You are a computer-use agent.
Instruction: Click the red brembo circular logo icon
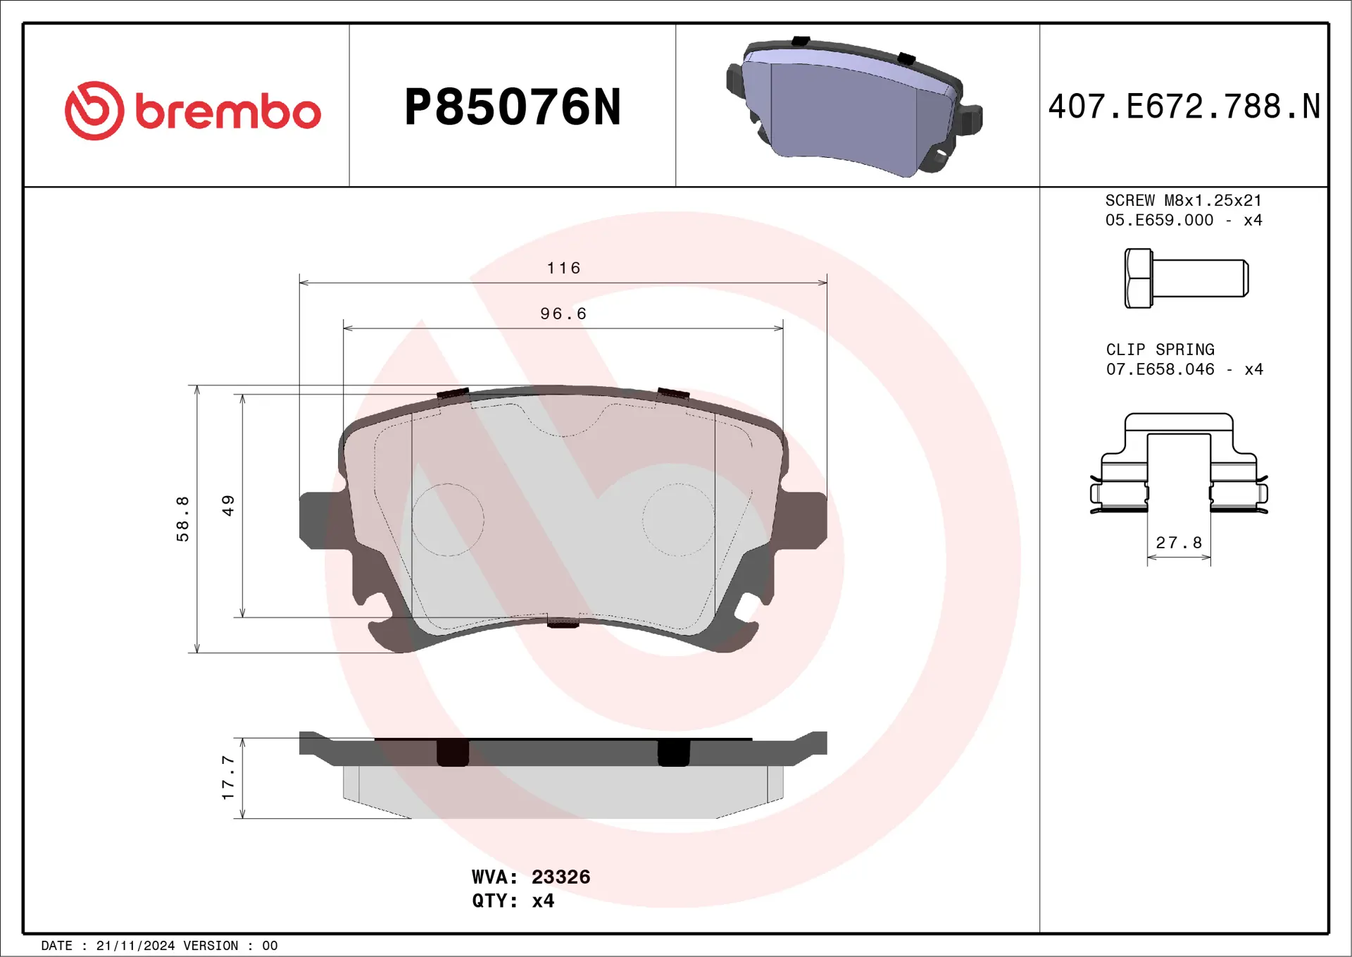tap(94, 111)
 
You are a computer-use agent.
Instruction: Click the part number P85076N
tap(513, 108)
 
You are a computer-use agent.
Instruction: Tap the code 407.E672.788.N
tap(1184, 107)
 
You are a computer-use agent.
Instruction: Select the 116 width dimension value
tap(563, 268)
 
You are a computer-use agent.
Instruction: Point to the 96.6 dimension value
tap(563, 314)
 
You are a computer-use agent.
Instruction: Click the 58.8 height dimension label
tap(182, 519)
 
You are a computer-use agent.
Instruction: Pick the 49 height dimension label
tap(227, 505)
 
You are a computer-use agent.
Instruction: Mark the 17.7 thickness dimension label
tap(227, 777)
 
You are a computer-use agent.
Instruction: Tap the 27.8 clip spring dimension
tap(1179, 543)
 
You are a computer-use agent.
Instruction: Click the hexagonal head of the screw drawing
tap(1138, 278)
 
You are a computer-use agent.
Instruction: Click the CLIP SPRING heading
tap(1160, 350)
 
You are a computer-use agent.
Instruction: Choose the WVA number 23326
tap(561, 877)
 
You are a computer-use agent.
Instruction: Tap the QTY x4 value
tap(543, 901)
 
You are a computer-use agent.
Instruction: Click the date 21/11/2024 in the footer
tap(135, 946)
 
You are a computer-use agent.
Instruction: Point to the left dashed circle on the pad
tap(448, 519)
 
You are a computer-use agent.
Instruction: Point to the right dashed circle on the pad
tap(678, 519)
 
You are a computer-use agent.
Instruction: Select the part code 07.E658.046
tap(1160, 369)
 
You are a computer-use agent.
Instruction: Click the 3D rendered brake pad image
tap(853, 107)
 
